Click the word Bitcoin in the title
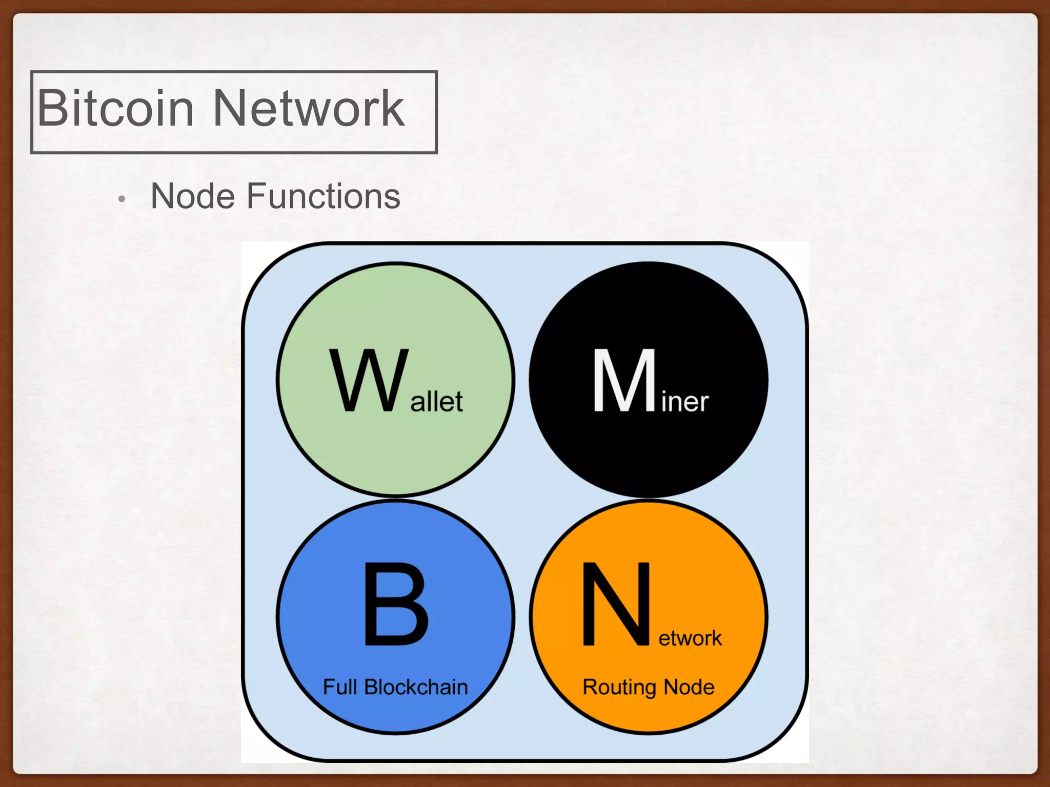click(116, 109)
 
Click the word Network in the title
click(309, 109)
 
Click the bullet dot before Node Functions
click(122, 199)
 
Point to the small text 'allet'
click(436, 401)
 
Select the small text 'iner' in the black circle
click(685, 401)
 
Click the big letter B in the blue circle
click(396, 605)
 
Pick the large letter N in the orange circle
click(616, 605)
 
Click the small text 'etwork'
click(690, 638)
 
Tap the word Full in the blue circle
click(339, 687)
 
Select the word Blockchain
click(416, 687)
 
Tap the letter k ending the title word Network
click(393, 109)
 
